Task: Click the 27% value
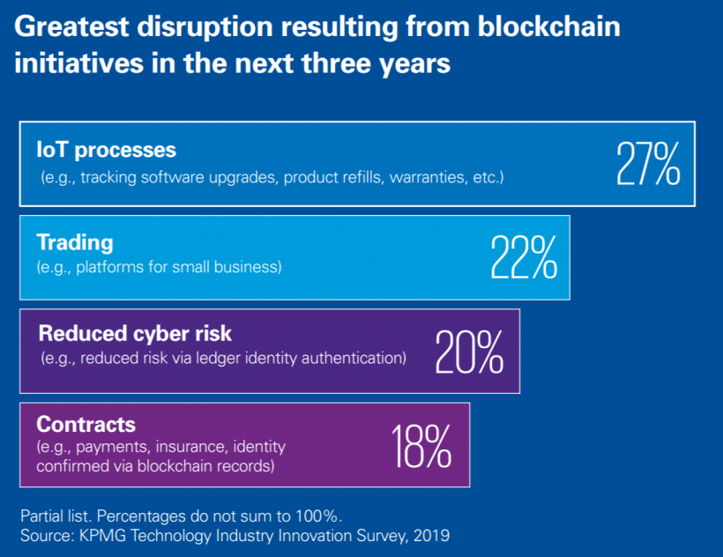pos(648,162)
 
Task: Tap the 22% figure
pos(524,256)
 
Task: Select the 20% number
pos(469,350)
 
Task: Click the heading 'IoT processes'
pos(106,150)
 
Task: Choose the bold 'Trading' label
pos(75,242)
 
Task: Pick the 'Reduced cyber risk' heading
pos(123,333)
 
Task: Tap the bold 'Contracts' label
pos(86,426)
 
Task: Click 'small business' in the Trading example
pos(235,266)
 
